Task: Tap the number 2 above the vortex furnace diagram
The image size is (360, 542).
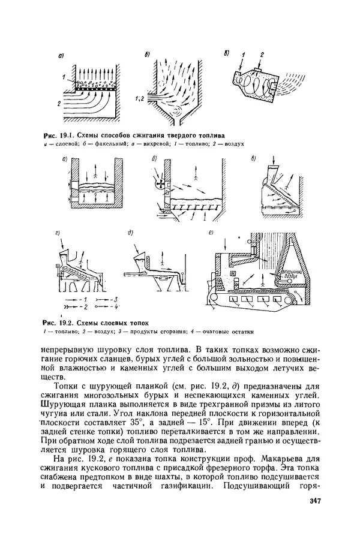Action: (262, 53)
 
